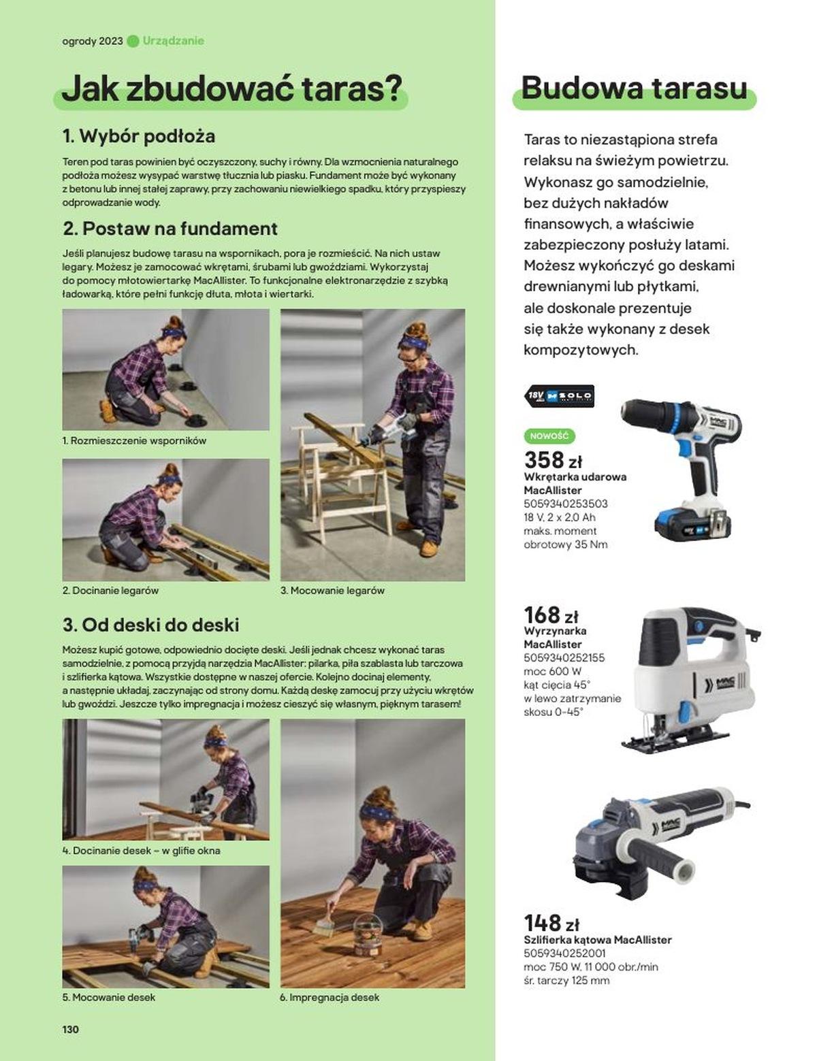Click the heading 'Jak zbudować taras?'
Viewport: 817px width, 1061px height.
231,89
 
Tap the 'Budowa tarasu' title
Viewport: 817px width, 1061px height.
634,88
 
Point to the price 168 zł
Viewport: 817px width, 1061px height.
551,615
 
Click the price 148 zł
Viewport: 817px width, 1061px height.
551,923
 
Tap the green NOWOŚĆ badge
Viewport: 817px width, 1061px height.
549,436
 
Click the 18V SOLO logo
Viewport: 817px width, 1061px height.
559,396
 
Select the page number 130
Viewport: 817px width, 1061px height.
71,1029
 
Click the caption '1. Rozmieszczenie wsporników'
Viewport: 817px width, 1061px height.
134,441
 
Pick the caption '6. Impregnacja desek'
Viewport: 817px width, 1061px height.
330,997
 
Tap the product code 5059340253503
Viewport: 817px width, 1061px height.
566,504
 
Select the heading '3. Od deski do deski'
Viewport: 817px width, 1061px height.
151,625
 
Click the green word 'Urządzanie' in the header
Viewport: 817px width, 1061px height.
174,41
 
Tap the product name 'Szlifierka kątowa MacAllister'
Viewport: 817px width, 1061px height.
598,940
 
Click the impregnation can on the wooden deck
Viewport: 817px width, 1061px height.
368,935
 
